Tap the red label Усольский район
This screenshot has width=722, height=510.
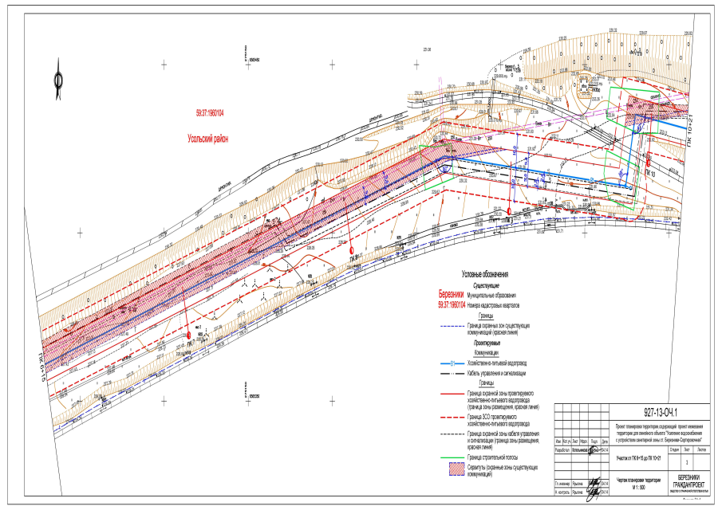click(207, 139)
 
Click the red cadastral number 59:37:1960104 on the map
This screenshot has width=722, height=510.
click(210, 113)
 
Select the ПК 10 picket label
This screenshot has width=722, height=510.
click(651, 173)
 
